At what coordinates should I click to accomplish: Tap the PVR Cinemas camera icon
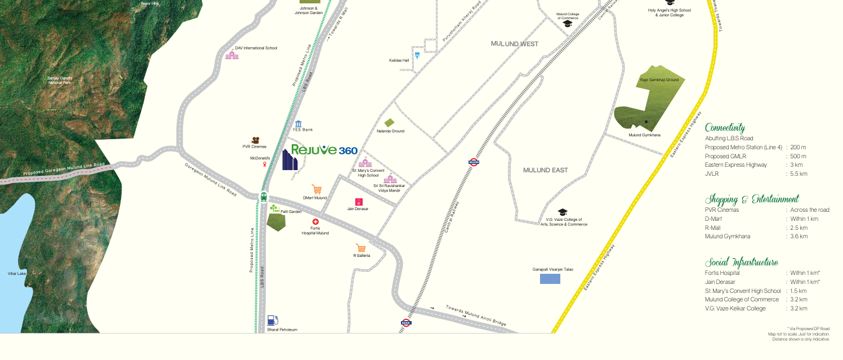tap(255, 140)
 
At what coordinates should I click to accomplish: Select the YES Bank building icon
tap(298, 123)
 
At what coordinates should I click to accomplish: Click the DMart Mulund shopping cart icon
tap(317, 190)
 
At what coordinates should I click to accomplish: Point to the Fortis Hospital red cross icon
tap(315, 222)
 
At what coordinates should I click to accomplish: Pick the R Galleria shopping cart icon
tap(361, 248)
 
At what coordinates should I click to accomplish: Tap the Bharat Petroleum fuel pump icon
tap(273, 321)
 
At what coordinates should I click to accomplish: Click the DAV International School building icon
tap(231, 55)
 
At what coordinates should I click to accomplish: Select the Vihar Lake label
tap(17, 273)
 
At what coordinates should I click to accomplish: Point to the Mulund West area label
tap(515, 44)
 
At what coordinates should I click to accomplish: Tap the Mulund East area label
tap(545, 170)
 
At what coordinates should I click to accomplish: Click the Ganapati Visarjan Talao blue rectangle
tap(550, 278)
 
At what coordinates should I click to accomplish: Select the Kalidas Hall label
tap(399, 60)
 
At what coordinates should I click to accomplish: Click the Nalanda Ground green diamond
tap(389, 123)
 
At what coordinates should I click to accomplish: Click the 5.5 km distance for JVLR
tap(799, 175)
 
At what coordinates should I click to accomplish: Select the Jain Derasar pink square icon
tap(359, 202)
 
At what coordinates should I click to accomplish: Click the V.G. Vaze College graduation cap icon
tap(562, 212)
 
